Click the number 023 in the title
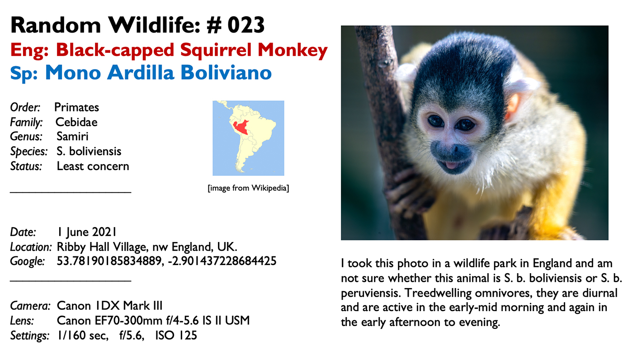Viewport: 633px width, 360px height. [246, 25]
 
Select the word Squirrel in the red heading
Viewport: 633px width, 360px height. [216, 50]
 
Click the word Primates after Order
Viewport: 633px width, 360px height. [76, 107]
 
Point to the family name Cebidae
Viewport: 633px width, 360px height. [76, 122]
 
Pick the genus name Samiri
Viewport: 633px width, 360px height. [72, 137]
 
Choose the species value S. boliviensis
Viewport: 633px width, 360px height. [89, 151]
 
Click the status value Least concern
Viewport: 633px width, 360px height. [93, 166]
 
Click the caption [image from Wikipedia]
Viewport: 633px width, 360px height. [248, 188]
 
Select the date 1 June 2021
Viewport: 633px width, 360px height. [87, 232]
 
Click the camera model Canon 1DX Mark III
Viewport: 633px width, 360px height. [109, 306]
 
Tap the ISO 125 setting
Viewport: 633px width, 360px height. [176, 336]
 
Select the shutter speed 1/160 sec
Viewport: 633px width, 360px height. [83, 336]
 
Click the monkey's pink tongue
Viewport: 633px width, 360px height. [452, 165]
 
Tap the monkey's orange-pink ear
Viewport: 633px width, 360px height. [513, 107]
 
